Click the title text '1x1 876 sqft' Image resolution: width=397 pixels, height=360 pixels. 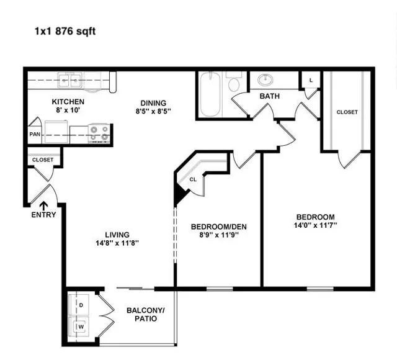coord(65,32)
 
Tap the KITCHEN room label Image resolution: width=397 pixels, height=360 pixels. coord(68,102)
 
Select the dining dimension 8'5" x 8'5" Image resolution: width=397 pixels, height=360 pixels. coord(153,111)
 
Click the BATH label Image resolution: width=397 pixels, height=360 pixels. coord(270,96)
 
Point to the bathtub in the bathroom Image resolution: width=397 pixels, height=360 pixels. coord(210,94)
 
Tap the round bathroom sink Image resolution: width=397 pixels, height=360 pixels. coord(265,80)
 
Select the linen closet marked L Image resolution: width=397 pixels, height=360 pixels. coord(311,80)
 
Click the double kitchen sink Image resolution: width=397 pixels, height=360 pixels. coord(69,80)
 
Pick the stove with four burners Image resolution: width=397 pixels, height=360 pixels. coord(99,133)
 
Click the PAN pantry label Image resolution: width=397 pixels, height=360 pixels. coord(35,134)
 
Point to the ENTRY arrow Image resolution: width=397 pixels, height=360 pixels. coord(44,206)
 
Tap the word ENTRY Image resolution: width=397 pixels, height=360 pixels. coord(43,215)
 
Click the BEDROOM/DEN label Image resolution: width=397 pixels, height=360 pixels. coord(219,227)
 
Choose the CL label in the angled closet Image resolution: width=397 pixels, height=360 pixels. coord(193,179)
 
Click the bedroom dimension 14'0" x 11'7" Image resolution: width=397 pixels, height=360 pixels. coord(316,225)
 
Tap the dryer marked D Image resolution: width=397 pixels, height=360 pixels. coord(79,305)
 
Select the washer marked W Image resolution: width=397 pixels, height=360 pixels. coord(79,326)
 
